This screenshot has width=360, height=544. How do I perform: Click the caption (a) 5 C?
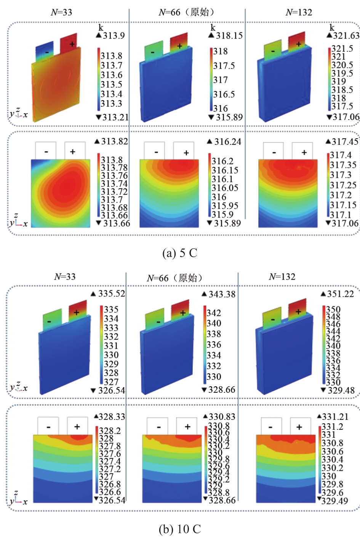(x=179, y=253)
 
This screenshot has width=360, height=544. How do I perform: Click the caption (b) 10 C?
(x=179, y=529)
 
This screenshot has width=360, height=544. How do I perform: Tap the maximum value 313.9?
(x=114, y=35)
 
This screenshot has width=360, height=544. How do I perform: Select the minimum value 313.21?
(x=115, y=117)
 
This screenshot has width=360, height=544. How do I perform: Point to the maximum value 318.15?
(x=229, y=35)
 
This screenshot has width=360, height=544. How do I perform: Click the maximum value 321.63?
(x=346, y=35)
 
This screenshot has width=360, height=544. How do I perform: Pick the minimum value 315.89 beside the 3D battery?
(x=229, y=117)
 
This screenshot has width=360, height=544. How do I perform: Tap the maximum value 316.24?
(x=227, y=142)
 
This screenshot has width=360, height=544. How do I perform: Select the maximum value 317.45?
(x=345, y=142)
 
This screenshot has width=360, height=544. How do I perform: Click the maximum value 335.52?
(x=111, y=293)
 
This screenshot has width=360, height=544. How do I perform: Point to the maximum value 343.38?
(x=222, y=294)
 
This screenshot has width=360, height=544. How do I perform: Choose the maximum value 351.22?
(x=340, y=294)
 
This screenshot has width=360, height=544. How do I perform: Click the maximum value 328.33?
(x=112, y=417)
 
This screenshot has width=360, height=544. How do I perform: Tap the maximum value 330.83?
(x=222, y=417)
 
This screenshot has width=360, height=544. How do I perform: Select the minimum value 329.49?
(x=334, y=501)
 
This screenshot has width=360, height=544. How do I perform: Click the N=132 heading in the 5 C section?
(x=299, y=12)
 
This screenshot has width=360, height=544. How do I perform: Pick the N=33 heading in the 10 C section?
(x=65, y=277)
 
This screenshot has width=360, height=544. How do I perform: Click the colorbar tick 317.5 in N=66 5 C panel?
(x=224, y=66)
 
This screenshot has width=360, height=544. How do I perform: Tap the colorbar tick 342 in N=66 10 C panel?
(x=214, y=313)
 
